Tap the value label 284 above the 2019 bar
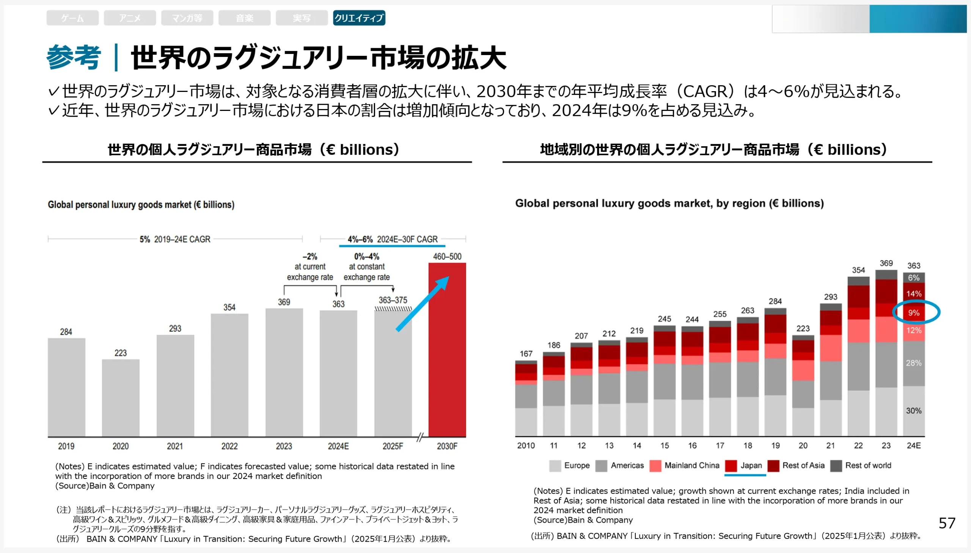(x=66, y=332)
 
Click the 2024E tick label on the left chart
(x=338, y=446)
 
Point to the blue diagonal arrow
(x=422, y=304)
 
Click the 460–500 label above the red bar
(x=447, y=256)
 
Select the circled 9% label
(x=913, y=313)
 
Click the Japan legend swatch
(x=731, y=465)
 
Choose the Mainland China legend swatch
(x=655, y=465)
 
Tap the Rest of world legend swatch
(x=836, y=465)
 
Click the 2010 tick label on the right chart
(x=526, y=446)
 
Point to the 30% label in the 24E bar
(x=913, y=411)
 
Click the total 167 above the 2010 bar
(x=526, y=354)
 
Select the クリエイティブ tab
(x=359, y=18)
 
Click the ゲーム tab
(x=72, y=18)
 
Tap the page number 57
(x=947, y=523)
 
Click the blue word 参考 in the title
(x=74, y=58)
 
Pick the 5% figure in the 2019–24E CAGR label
(x=145, y=239)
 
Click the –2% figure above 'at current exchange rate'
(x=310, y=256)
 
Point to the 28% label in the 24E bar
(x=913, y=363)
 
